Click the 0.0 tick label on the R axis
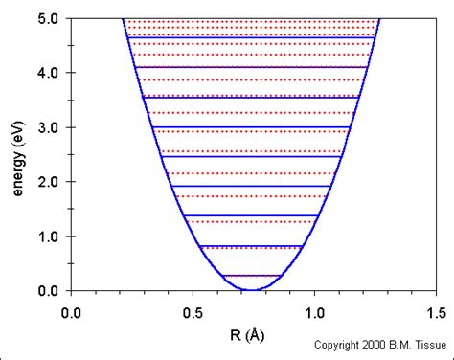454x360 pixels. (71, 311)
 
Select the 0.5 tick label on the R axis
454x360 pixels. (193, 311)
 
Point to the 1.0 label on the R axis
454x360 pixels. (314, 311)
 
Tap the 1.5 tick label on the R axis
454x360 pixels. (436, 311)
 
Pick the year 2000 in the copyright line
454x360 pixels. (375, 347)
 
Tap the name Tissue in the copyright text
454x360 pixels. (428, 347)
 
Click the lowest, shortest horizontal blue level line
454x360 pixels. (251, 276)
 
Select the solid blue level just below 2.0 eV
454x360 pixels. (251, 186)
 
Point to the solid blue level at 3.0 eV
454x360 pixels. (251, 127)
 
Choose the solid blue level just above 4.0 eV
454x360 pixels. (251, 67)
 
